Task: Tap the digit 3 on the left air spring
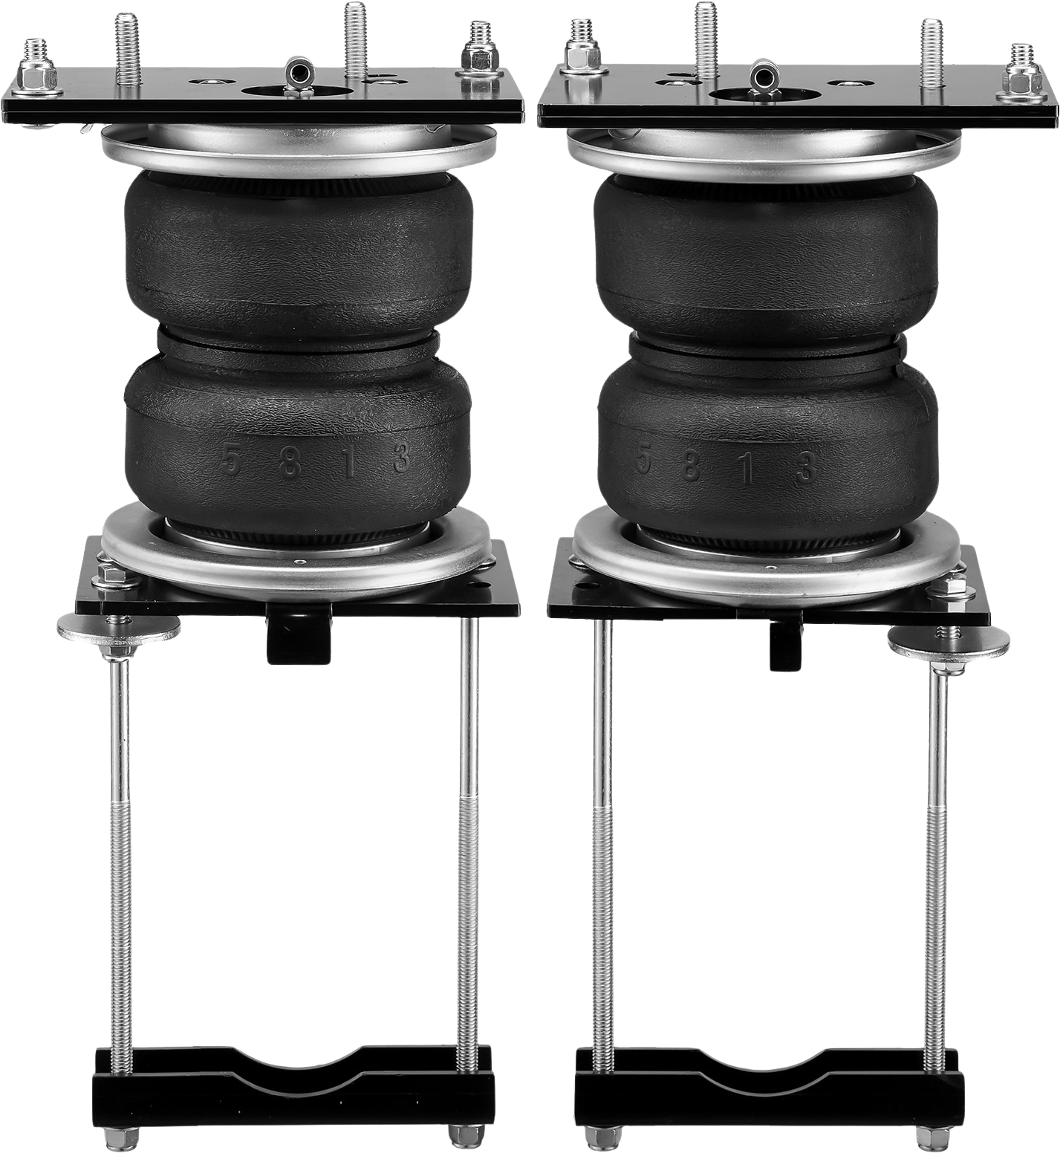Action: coord(401,458)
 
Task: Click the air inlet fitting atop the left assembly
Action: coord(298,73)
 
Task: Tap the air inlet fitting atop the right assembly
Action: coord(763,74)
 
